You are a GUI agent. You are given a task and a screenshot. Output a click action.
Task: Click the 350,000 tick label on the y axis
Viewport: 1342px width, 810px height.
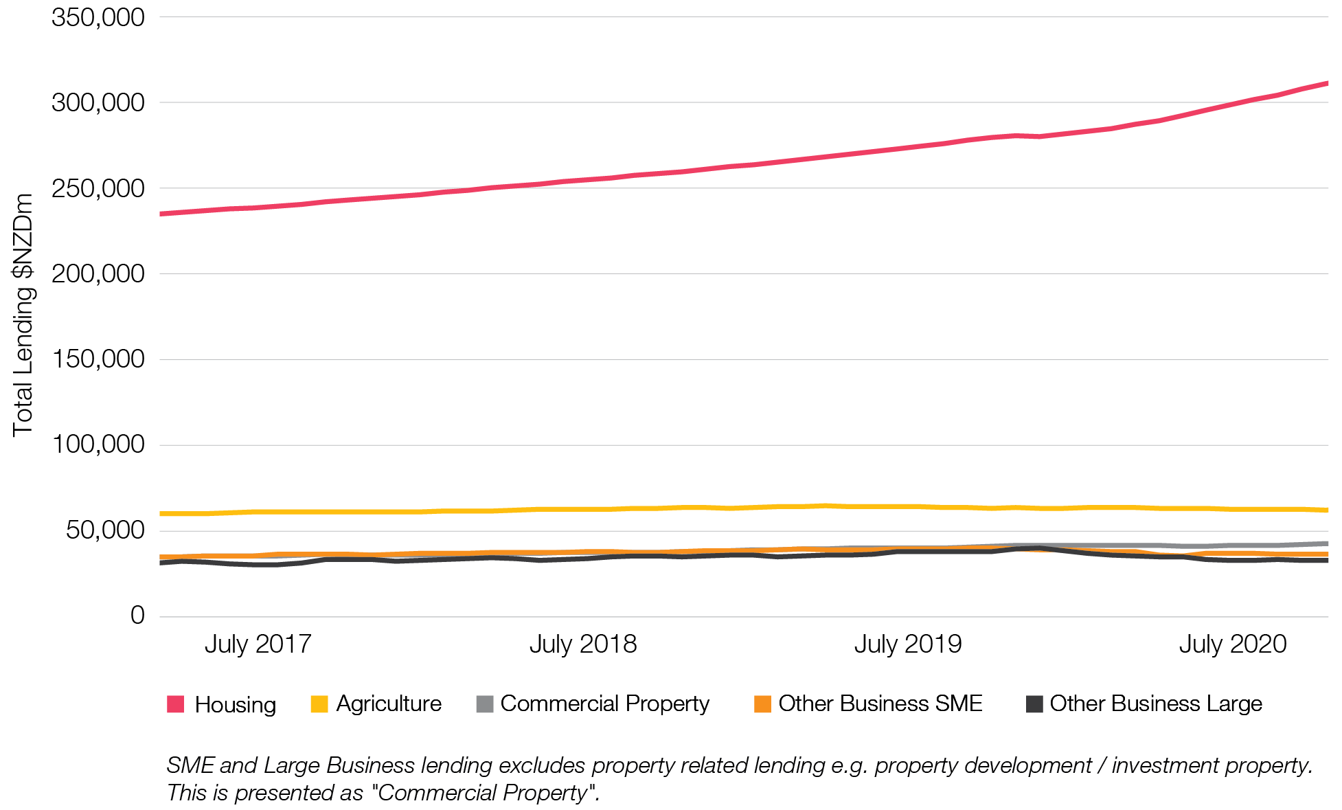[98, 18]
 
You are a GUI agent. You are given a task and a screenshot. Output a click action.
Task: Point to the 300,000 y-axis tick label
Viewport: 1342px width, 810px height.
[98, 103]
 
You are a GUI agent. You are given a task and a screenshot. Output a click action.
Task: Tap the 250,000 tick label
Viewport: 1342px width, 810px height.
[98, 189]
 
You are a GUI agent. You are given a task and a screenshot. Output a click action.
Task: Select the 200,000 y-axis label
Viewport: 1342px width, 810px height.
[98, 274]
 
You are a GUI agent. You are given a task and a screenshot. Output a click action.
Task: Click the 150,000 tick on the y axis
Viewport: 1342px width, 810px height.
[98, 359]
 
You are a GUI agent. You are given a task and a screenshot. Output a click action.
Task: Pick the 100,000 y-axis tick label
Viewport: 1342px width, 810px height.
[98, 445]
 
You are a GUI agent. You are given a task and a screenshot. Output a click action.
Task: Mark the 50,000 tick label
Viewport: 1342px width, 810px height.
[104, 530]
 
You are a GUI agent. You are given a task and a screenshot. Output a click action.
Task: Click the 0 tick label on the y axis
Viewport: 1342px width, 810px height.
[137, 616]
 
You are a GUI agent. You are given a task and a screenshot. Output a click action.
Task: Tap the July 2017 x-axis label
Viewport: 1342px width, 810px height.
[258, 644]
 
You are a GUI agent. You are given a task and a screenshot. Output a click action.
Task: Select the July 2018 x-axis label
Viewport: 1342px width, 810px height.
[582, 644]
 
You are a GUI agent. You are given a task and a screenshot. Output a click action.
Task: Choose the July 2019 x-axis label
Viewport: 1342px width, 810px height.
[907, 644]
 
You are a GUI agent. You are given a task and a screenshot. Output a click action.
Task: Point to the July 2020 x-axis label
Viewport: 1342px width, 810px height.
[1232, 644]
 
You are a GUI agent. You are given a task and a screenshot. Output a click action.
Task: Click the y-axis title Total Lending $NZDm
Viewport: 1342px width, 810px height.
[23, 315]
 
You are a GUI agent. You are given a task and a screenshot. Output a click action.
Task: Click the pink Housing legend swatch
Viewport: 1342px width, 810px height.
[176, 704]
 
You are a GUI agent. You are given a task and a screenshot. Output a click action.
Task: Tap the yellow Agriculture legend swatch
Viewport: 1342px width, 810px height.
[319, 704]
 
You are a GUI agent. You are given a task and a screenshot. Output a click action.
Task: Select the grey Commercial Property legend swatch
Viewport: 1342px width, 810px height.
[485, 704]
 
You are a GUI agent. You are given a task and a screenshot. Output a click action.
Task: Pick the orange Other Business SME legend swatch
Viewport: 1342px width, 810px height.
[762, 704]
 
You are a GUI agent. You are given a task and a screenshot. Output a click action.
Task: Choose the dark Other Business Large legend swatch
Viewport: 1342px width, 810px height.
[1034, 704]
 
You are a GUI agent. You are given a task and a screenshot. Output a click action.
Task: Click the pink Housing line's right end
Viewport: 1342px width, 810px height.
[1326, 84]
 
